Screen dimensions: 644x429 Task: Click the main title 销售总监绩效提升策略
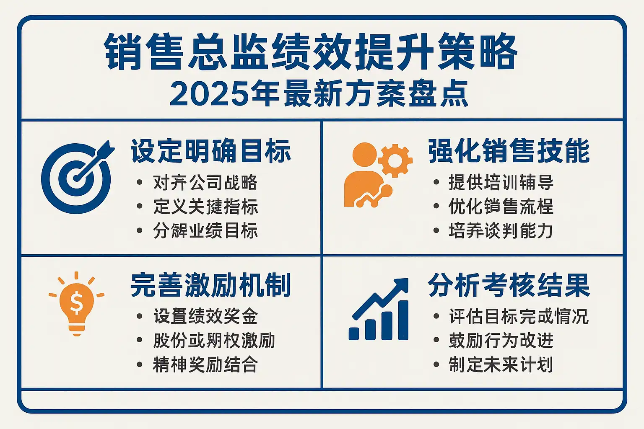click(x=311, y=52)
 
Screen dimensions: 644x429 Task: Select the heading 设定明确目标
click(x=211, y=151)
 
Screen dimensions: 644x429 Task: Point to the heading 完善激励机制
click(x=211, y=285)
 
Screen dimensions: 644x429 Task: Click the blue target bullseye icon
click(x=77, y=178)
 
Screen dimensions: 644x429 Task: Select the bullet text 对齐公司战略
click(x=205, y=183)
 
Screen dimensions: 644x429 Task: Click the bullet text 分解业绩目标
click(x=205, y=230)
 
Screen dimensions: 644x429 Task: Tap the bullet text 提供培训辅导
click(x=501, y=183)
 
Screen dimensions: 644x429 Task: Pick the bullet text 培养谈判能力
click(x=501, y=230)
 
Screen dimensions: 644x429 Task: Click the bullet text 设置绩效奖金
click(x=205, y=316)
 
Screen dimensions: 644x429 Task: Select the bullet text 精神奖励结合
click(x=205, y=364)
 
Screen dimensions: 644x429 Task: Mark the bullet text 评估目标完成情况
click(x=519, y=316)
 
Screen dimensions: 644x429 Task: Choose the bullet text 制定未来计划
click(x=501, y=364)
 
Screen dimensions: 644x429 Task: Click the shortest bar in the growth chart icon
click(x=353, y=333)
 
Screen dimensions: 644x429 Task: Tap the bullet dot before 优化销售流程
click(x=436, y=206)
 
